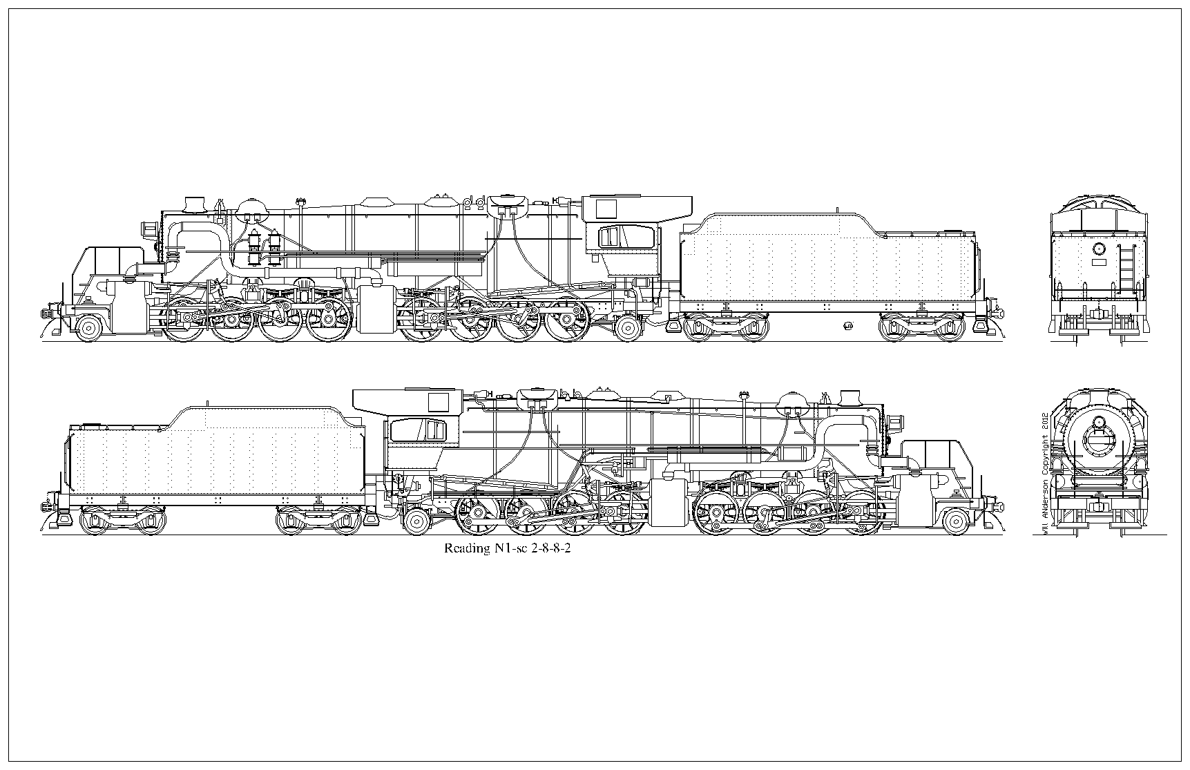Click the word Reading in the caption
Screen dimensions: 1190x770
click(x=466, y=550)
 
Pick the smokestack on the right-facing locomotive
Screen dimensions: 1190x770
click(x=849, y=398)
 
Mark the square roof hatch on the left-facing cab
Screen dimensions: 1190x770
click(x=606, y=208)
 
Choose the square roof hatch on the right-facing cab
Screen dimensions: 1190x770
click(x=438, y=401)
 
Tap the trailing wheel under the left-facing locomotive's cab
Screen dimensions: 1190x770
click(x=628, y=328)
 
